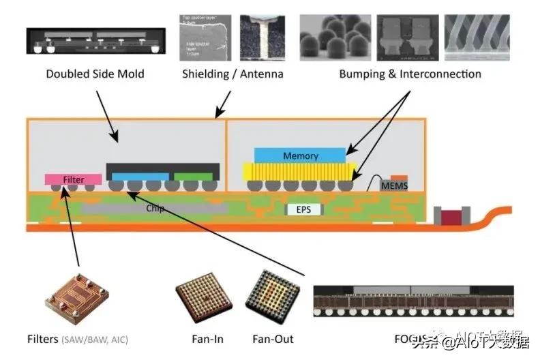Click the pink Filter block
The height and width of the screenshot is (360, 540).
74,179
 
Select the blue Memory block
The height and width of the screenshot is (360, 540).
300,155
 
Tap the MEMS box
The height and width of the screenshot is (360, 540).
392,185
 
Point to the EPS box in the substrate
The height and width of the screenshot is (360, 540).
303,209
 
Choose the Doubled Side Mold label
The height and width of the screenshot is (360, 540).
95,74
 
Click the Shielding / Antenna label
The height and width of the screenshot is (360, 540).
232,74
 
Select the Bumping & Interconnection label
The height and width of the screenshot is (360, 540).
410,74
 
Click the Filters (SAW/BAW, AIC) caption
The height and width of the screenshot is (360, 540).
77,339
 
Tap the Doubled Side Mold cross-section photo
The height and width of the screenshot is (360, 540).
95,40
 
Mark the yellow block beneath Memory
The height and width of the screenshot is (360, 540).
300,171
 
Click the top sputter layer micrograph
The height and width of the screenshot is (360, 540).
205,34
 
